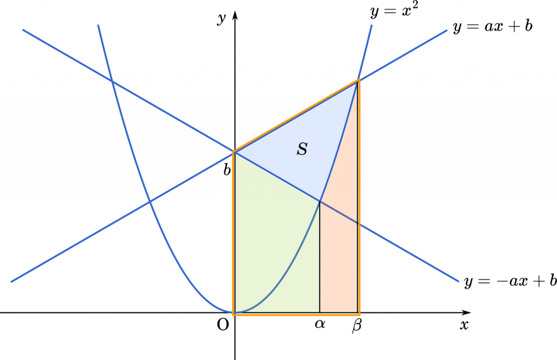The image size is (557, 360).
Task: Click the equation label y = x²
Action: coord(394,11)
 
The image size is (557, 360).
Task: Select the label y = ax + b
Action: coord(493,26)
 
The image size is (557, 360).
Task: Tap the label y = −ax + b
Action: coord(510,281)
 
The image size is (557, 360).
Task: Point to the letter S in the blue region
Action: coord(302,149)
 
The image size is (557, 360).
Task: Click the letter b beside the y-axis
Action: coord(227,170)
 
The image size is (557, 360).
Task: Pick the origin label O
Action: coord(222,325)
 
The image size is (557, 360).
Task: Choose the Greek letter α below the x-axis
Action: coord(320,324)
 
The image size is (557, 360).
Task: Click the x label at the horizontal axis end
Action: coord(464,325)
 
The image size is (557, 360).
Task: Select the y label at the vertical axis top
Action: coord(222,18)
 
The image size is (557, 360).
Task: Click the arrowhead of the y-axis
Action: coord(235,15)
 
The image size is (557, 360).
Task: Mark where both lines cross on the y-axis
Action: coord(234,152)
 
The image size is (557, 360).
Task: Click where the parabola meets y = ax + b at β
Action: coord(358,80)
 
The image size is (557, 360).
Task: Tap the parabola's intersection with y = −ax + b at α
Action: coord(320,201)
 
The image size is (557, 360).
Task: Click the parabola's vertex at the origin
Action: coord(235,313)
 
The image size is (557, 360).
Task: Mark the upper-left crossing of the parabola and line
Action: coord(112,82)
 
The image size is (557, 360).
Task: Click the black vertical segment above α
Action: coord(320,257)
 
